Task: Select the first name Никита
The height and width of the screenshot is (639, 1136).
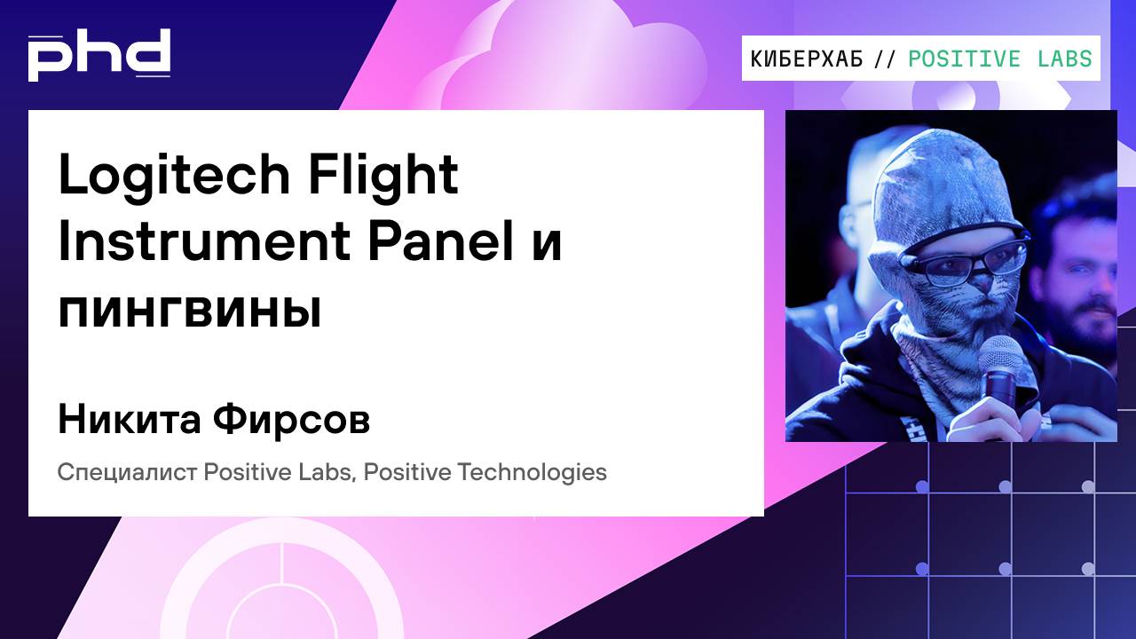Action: pyautogui.click(x=129, y=420)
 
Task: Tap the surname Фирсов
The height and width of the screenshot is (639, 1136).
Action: pyautogui.click(x=292, y=420)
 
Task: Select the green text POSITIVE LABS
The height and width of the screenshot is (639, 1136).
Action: pyautogui.click(x=1000, y=59)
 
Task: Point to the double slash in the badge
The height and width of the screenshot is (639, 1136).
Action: pyautogui.click(x=885, y=59)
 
